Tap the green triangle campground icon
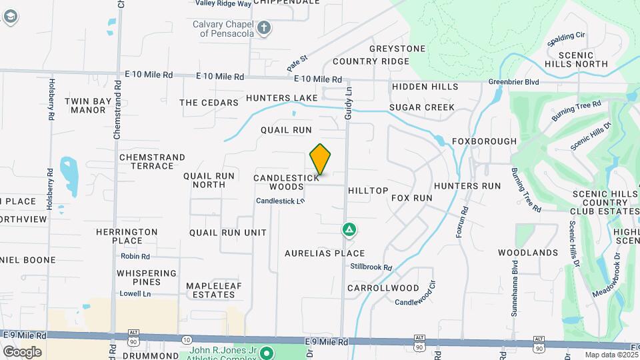[348, 230]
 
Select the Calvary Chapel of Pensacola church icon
[265, 28]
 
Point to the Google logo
[22, 352]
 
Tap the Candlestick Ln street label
[280, 201]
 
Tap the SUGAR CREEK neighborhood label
[422, 107]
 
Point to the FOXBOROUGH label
[484, 141]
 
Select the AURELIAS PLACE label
[325, 253]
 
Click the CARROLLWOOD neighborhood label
[383, 288]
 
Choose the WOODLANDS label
[527, 253]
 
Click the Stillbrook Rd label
[371, 267]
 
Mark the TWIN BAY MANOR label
[85, 105]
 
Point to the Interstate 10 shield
[186, 340]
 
